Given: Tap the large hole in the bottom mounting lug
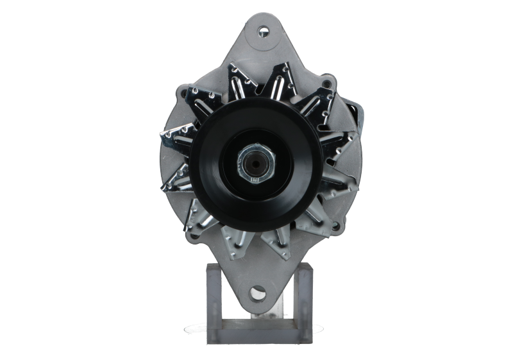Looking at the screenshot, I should pos(258,293).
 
